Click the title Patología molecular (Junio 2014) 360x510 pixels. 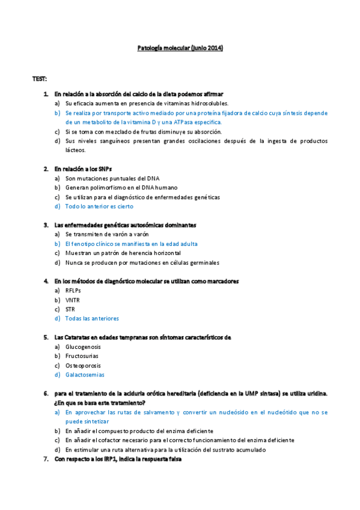(x=180, y=48)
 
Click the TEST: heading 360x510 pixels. (x=40, y=79)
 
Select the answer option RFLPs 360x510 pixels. (x=73, y=290)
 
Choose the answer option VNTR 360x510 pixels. (x=72, y=300)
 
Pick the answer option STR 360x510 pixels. (x=70, y=309)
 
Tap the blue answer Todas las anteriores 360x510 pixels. (x=92, y=319)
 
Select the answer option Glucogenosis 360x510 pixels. (x=83, y=346)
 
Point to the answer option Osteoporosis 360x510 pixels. (x=83, y=365)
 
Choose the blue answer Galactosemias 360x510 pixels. (x=85, y=375)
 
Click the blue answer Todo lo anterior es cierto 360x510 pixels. (x=99, y=206)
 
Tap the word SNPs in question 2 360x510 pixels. (x=105, y=169)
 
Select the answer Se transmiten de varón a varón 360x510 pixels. (x=107, y=234)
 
